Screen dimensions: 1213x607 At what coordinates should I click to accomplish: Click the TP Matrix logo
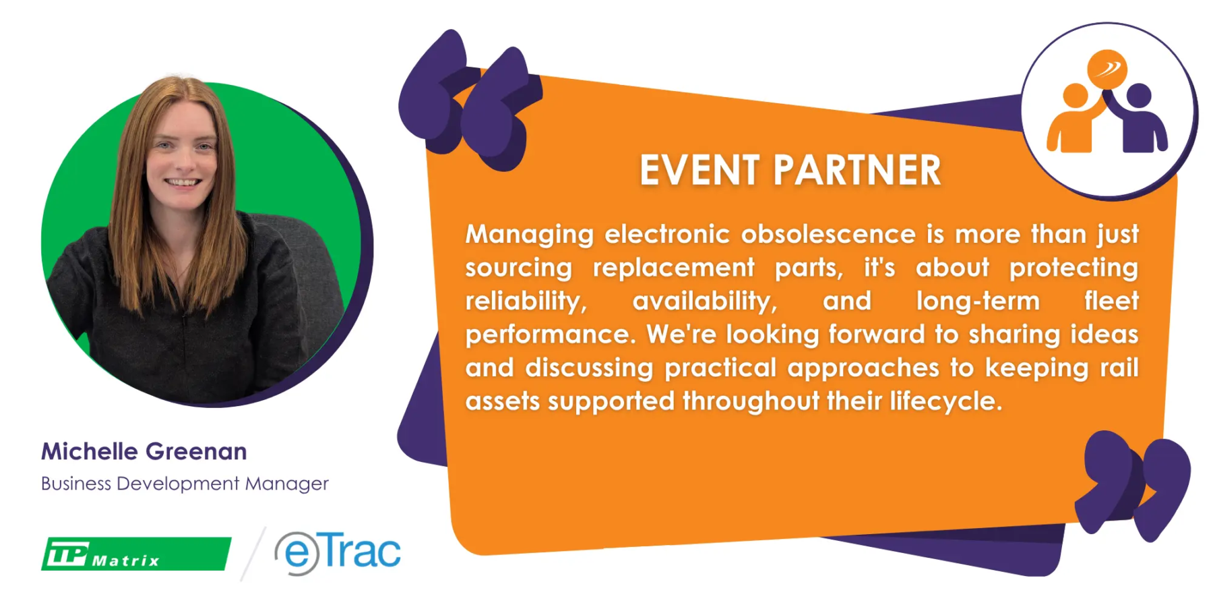pyautogui.click(x=136, y=554)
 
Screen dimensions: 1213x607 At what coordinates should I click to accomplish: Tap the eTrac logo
pyautogui.click(x=338, y=552)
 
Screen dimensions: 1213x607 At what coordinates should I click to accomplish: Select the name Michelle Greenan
pyautogui.click(x=144, y=451)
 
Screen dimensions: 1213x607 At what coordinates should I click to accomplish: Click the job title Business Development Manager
pyautogui.click(x=185, y=484)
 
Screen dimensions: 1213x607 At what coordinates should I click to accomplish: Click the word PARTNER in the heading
pyautogui.click(x=857, y=170)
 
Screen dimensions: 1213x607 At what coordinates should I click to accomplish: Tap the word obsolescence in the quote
pyautogui.click(x=828, y=234)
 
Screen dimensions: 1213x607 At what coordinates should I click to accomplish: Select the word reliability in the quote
pyautogui.click(x=526, y=301)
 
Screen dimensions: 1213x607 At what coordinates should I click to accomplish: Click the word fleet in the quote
pyautogui.click(x=1111, y=301)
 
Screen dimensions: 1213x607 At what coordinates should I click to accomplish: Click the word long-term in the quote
pyautogui.click(x=978, y=301)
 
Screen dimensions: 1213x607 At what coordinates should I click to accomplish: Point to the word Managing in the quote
pyautogui.click(x=530, y=235)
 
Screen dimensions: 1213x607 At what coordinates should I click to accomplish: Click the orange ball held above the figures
pyautogui.click(x=1107, y=69)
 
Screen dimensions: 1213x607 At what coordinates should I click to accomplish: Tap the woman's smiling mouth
pyautogui.click(x=183, y=182)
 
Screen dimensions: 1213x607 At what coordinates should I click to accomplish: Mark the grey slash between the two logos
pyautogui.click(x=253, y=554)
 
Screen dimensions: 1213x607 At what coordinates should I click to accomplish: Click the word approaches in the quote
pyautogui.click(x=863, y=368)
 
